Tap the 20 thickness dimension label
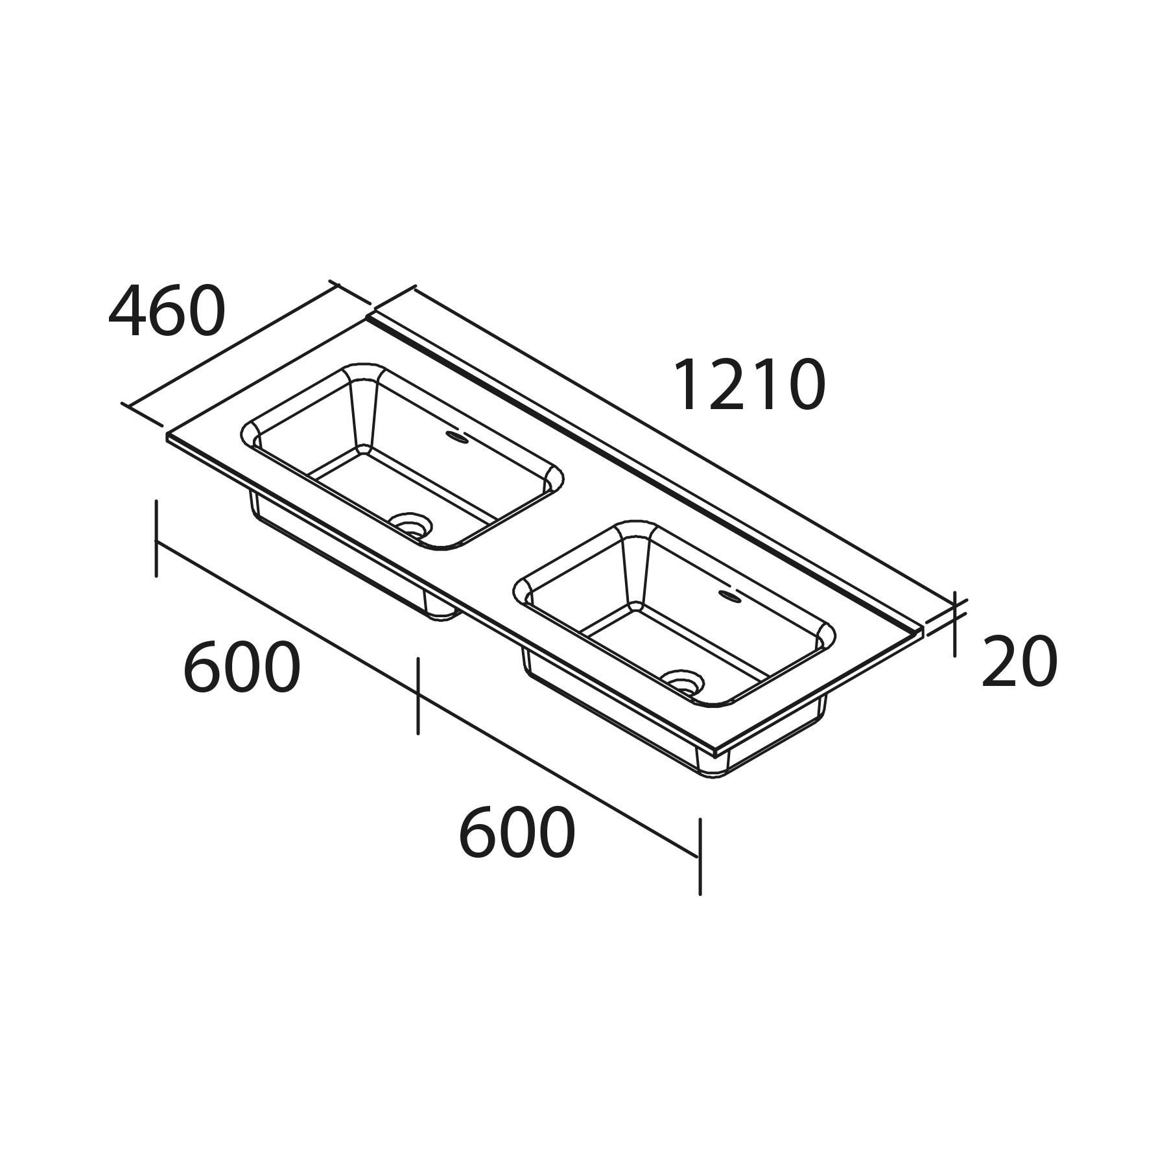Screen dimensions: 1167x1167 [x=1019, y=663]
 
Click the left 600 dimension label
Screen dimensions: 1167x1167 [x=242, y=668]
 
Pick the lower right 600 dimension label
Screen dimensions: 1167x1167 [x=516, y=833]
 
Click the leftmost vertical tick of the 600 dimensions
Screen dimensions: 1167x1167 [x=156, y=538]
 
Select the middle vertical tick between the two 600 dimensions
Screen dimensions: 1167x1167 [x=418, y=695]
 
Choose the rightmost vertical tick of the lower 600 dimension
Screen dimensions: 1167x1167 [x=700, y=856]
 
